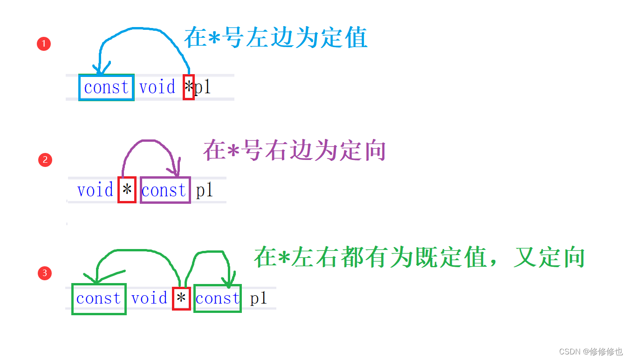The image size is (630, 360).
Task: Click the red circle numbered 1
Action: click(x=43, y=44)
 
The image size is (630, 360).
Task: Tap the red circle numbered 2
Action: click(x=45, y=160)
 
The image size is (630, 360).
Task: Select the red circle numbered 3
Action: click(x=45, y=273)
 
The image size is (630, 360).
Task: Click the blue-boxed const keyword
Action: click(x=106, y=87)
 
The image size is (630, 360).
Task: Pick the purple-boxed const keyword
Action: click(x=164, y=190)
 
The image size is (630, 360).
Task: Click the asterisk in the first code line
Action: click(x=188, y=87)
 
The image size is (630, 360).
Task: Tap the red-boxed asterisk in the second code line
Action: click(x=127, y=190)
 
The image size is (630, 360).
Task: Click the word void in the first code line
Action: click(x=157, y=87)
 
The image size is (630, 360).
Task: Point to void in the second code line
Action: click(x=96, y=190)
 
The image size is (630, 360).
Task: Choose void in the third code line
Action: click(x=149, y=298)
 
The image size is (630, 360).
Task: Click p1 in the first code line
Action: click(x=203, y=87)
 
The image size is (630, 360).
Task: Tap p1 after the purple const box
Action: click(x=204, y=190)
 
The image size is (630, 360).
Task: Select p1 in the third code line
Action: click(x=258, y=298)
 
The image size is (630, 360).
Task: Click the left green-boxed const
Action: click(x=98, y=298)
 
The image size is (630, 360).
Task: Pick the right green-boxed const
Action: click(x=217, y=298)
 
